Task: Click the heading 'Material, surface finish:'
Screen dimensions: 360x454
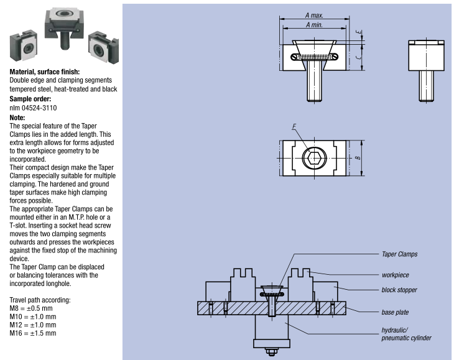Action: (45, 72)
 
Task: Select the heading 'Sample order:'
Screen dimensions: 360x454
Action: (30, 98)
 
